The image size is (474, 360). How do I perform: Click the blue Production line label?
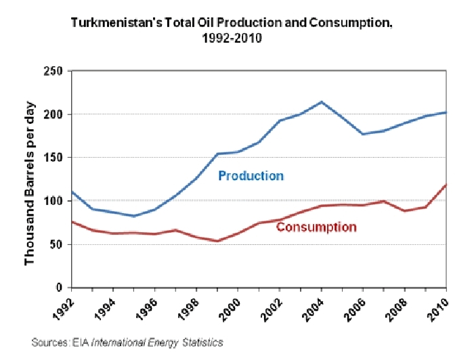click(251, 176)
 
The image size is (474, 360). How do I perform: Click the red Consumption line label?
click(316, 227)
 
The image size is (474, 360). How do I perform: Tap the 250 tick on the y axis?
click(54, 71)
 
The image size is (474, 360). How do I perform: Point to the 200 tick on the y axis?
click(54, 114)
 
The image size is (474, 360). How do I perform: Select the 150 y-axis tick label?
click(54, 158)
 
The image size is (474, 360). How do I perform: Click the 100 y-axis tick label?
click(54, 201)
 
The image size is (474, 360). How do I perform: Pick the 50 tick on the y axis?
click(57, 244)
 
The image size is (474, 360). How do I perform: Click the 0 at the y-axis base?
click(60, 288)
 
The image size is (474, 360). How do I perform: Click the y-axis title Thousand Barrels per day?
click(30, 179)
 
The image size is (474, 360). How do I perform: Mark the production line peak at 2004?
click(321, 102)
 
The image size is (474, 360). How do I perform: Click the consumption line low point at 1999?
click(217, 241)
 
